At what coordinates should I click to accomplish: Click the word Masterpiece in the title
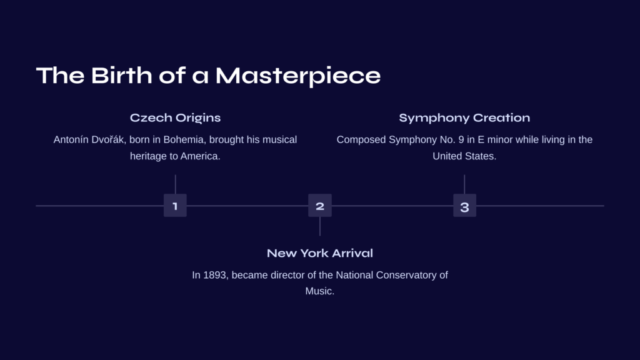[298, 76]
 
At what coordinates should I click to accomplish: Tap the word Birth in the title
[121, 76]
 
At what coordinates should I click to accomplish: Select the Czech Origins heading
[175, 118]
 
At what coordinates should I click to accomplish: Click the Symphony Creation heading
[464, 118]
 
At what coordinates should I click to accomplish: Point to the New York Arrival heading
[320, 253]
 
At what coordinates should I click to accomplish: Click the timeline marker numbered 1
[175, 205]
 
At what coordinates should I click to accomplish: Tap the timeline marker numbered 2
[320, 205]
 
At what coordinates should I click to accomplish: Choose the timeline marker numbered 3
[464, 205]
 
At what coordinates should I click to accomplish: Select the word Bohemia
[184, 139]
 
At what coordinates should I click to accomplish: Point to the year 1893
[215, 275]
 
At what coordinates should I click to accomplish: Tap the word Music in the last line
[318, 291]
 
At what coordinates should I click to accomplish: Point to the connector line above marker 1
[176, 184]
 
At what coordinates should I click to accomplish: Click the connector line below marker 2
[320, 226]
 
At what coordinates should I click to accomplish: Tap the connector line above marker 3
[464, 184]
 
